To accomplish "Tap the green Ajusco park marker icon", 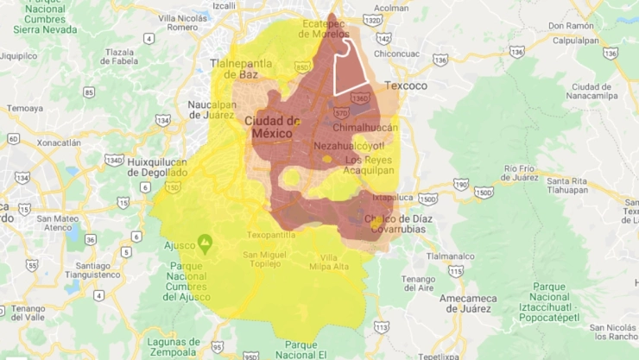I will coord(205,242).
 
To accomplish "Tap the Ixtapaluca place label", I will coord(393,197).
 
